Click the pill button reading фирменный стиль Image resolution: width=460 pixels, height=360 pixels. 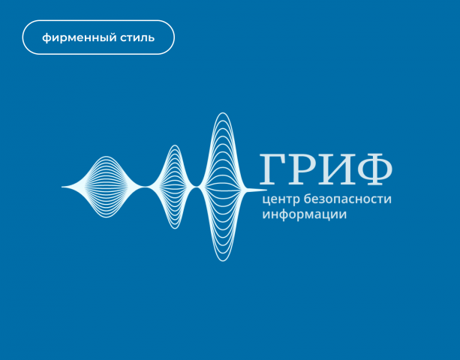pos(98,37)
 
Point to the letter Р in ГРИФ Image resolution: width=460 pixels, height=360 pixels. pos(302,169)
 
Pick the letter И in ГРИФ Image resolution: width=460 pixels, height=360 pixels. pos(335,169)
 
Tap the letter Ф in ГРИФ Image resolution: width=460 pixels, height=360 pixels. pos(373,169)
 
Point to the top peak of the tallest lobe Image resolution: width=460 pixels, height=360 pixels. pos(222,114)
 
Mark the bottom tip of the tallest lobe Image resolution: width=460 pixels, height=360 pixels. pos(222,259)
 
